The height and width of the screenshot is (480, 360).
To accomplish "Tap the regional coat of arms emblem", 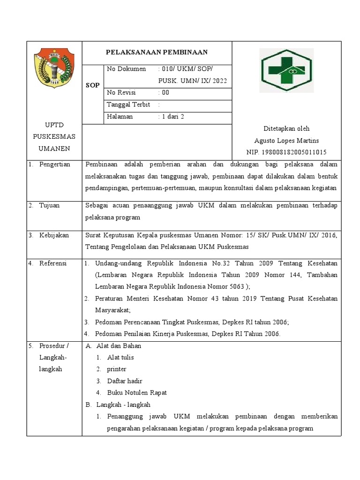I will tap(54, 69).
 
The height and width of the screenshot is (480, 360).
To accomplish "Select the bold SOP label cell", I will tap(93, 85).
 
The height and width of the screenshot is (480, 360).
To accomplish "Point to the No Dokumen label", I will tap(127, 69).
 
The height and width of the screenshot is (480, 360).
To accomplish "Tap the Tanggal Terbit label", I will tap(128, 105).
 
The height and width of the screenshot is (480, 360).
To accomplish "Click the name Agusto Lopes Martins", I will tap(286, 141).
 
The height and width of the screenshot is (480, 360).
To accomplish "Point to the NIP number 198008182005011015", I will tap(286, 152).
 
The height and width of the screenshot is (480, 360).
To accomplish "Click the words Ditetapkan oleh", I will tap(286, 128).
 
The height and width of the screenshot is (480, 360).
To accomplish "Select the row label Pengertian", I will tap(54, 165).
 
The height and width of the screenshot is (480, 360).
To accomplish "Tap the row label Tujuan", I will tap(49, 206).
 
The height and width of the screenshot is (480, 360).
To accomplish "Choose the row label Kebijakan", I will tap(53, 235).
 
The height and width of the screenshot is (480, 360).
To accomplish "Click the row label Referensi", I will tap(53, 263).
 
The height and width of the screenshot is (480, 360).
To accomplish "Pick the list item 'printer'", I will tap(117, 369).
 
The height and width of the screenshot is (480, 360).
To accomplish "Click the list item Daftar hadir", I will tap(125, 381).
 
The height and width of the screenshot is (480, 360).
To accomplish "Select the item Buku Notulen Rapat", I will tap(137, 393).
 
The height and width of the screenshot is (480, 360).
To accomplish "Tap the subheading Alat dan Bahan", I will tap(119, 346).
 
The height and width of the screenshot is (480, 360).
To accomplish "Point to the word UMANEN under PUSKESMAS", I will tap(54, 149).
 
